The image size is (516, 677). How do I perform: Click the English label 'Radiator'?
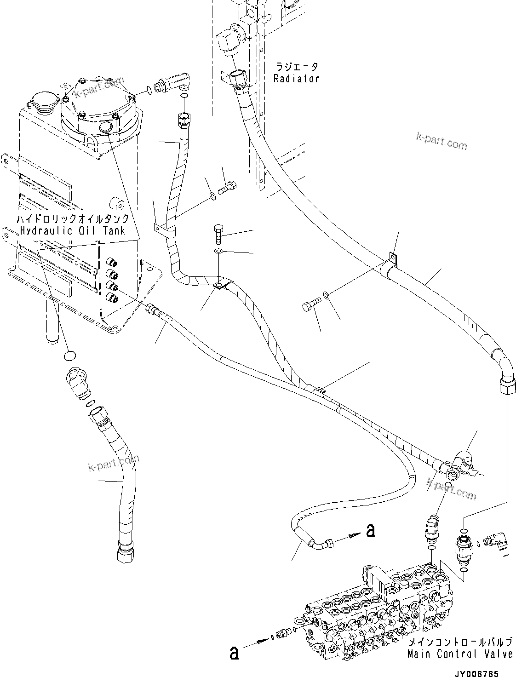[296, 79]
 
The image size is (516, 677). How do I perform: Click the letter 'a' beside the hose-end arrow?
[370, 531]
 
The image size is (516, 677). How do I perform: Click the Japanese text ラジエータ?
[296, 67]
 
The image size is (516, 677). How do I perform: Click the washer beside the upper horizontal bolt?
[212, 196]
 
